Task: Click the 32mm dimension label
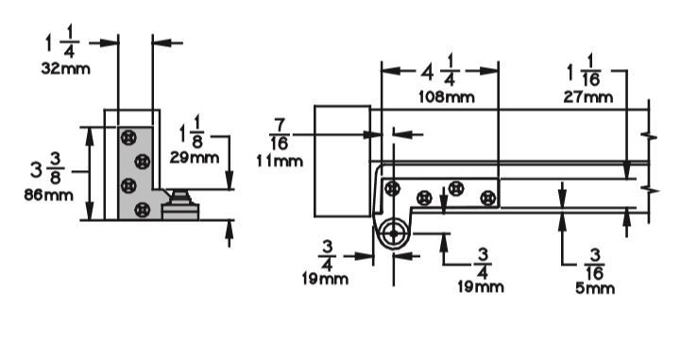66,69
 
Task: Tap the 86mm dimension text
49,195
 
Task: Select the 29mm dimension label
195,157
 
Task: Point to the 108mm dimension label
447,96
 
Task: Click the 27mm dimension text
588,96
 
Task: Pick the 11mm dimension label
280,162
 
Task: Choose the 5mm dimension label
595,288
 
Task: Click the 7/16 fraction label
280,134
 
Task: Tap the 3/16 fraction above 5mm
594,265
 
